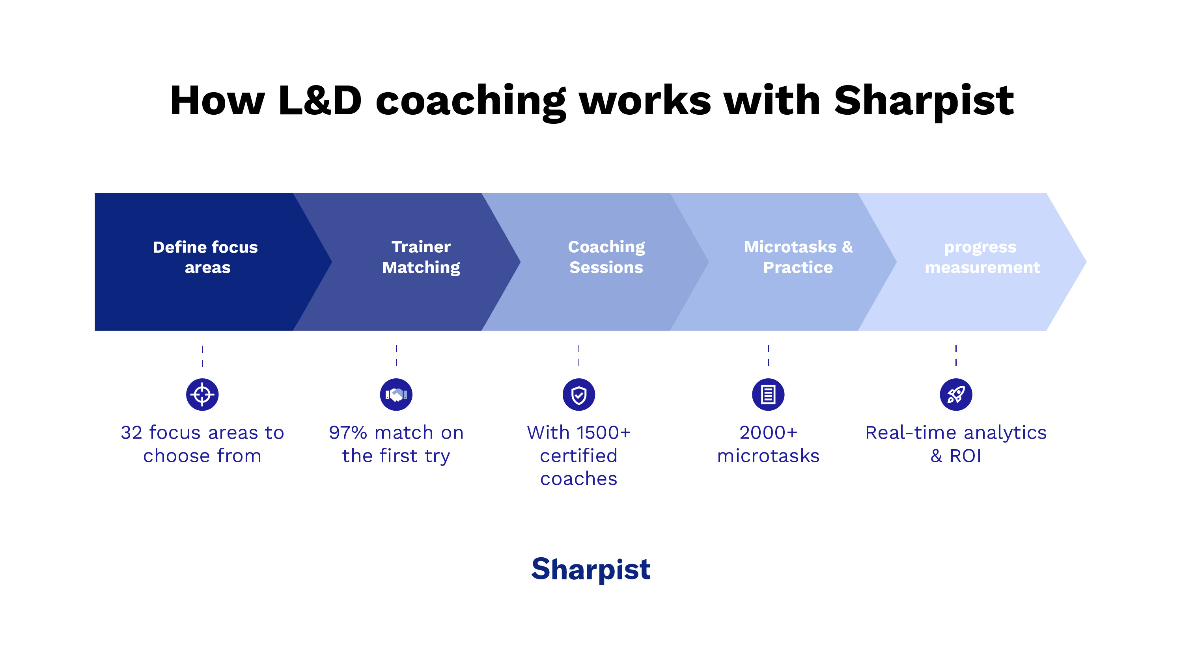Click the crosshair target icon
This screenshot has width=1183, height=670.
(202, 395)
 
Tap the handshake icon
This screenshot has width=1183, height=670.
(396, 395)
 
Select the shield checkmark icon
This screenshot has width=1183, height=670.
(578, 395)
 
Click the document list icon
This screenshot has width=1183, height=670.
(768, 395)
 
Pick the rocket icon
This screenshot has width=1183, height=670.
(955, 395)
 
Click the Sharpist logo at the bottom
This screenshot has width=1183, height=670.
(591, 569)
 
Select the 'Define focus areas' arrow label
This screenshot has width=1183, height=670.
(206, 257)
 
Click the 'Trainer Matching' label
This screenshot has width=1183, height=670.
(421, 257)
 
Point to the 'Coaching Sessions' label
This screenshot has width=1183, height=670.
(606, 257)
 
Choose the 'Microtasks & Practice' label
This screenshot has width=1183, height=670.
(798, 257)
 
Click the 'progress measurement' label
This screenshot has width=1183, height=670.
(982, 257)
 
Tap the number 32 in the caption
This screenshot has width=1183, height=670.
(131, 433)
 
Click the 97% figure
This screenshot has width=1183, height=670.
(348, 433)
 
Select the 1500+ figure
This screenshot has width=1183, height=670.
(603, 433)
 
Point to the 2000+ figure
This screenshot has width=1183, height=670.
(768, 433)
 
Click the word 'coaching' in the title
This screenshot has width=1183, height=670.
(470, 101)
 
